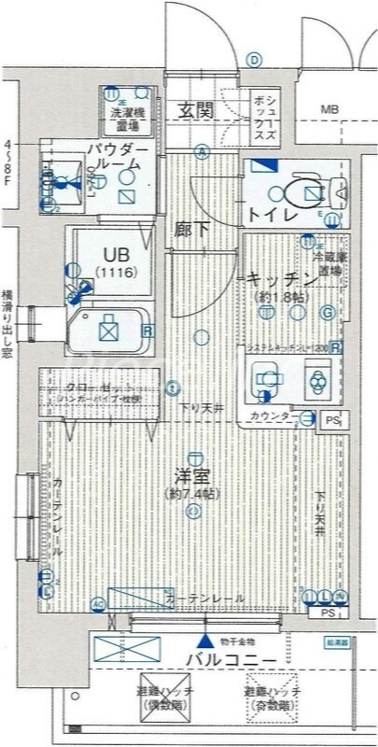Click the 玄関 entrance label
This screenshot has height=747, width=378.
197,111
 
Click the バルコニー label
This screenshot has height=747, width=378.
230,661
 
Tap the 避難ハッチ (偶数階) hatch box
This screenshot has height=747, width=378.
164,696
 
